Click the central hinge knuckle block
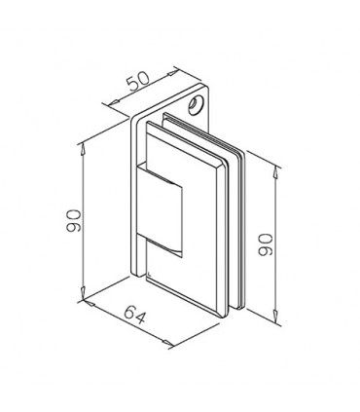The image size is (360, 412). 161,206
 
